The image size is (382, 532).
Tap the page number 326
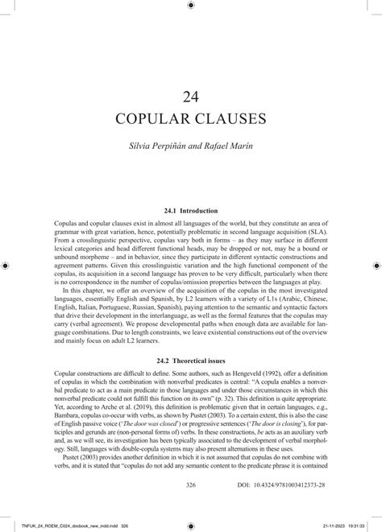pos(191,485)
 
